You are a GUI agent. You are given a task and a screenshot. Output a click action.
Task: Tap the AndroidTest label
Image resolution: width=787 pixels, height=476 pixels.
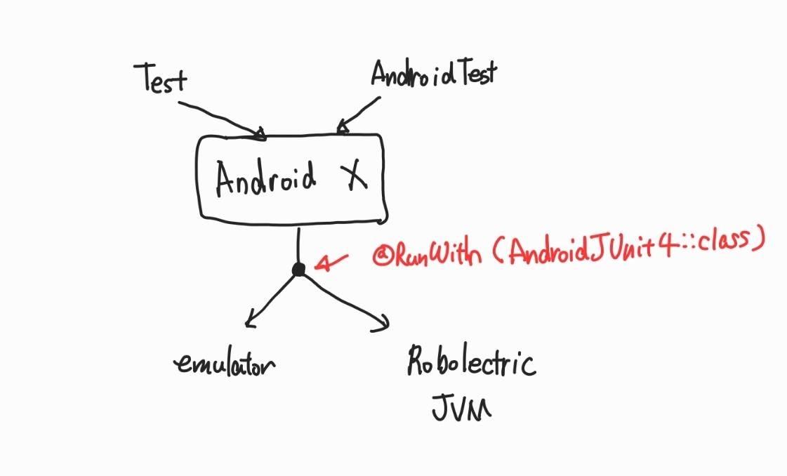pyautogui.click(x=433, y=72)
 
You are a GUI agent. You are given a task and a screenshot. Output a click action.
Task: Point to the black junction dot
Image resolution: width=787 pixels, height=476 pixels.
pyautogui.click(x=299, y=269)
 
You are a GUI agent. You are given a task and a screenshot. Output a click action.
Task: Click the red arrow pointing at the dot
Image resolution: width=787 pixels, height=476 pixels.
pyautogui.click(x=331, y=262)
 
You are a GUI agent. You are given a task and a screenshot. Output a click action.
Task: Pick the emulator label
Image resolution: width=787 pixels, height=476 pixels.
pyautogui.click(x=225, y=363)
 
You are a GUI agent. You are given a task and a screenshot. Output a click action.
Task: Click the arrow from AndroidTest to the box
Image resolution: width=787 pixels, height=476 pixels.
pyautogui.click(x=357, y=113)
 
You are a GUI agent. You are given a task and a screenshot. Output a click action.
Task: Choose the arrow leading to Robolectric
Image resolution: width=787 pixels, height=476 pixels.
pyautogui.click(x=345, y=300)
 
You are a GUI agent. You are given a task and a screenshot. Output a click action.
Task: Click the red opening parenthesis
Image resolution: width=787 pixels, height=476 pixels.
pyautogui.click(x=494, y=251)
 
